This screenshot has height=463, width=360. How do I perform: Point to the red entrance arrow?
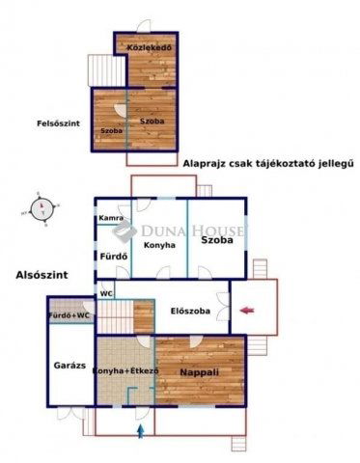pyautogui.click(x=247, y=310)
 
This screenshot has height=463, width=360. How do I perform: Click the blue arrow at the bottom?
pyautogui.click(x=142, y=430)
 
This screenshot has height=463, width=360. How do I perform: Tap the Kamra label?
pyautogui.click(x=110, y=219)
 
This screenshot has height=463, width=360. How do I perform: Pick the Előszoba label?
pyautogui.click(x=189, y=311)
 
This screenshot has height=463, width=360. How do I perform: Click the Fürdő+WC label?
pyautogui.click(x=70, y=315)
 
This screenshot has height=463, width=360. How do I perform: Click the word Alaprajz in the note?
pyautogui.click(x=205, y=163)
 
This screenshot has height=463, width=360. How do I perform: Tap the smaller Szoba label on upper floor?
pyautogui.click(x=110, y=129)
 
